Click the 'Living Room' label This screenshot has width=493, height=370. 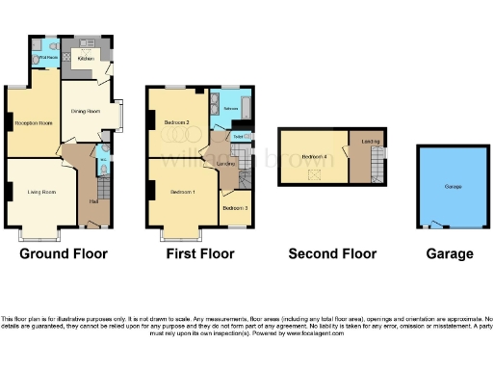click(x=40, y=193)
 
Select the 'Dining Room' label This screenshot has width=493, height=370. click(x=86, y=111)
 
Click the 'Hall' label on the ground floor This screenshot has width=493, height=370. click(x=93, y=200)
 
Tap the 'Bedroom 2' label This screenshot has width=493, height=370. click(x=175, y=122)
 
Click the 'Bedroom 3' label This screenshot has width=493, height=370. click(x=235, y=208)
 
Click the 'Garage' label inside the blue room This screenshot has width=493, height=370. click(x=452, y=185)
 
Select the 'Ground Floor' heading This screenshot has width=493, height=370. click(x=64, y=254)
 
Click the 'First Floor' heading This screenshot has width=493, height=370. click(x=199, y=254)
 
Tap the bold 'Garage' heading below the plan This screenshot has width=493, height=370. click(x=451, y=254)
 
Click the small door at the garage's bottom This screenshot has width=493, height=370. click(x=438, y=227)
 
